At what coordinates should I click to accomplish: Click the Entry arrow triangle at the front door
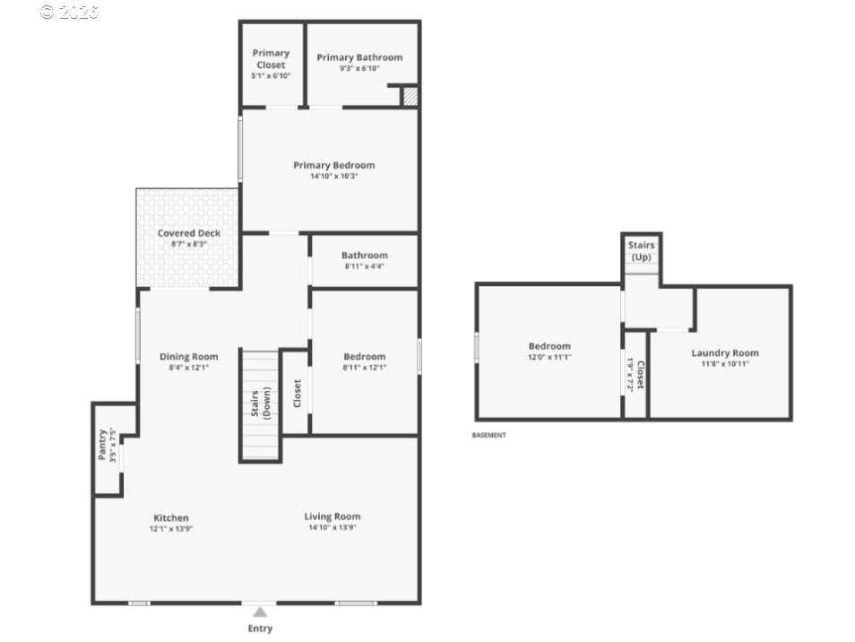260,612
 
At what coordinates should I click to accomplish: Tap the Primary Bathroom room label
359,57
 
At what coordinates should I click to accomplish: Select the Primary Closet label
271,58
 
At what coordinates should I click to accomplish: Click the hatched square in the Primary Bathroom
410,97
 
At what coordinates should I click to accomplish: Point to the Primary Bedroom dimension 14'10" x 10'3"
333,176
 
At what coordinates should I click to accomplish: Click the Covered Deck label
189,233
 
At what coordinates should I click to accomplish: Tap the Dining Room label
189,357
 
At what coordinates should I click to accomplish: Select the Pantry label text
102,445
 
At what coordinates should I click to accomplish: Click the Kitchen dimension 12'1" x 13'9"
171,528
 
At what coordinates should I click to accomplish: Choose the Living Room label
332,516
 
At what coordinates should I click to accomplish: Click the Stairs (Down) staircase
260,404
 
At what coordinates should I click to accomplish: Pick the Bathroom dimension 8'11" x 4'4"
364,266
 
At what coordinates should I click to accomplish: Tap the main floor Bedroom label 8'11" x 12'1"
364,357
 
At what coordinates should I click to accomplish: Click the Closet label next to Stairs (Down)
297,394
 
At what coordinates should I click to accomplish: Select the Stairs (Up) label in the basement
642,251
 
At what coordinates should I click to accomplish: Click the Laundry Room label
725,353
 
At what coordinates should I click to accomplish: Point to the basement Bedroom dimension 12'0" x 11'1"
549,357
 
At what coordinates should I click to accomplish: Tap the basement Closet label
640,375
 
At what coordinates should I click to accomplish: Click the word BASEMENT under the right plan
488,435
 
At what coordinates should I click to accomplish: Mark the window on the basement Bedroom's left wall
477,348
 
